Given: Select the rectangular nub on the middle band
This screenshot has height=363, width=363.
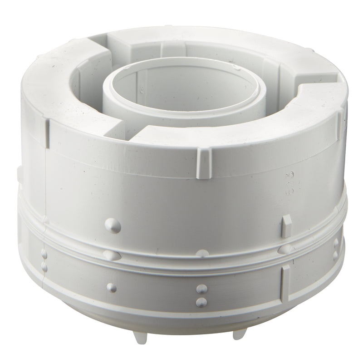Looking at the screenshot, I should click(286, 225).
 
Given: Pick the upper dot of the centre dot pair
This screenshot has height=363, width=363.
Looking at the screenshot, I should click(200, 289).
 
